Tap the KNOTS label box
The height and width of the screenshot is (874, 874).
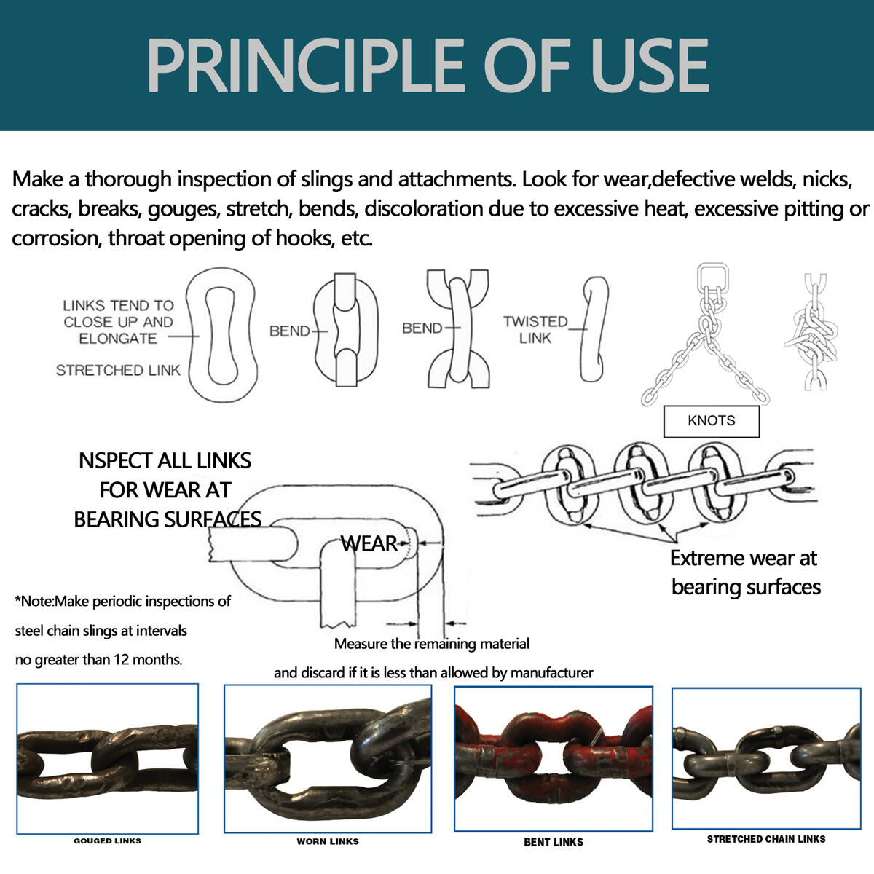pos(711,421)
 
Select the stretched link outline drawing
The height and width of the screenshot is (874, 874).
pos(222,335)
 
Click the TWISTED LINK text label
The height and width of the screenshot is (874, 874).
pos(535,329)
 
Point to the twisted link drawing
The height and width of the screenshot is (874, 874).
pos(595,329)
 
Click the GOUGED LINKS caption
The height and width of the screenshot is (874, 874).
pos(107,840)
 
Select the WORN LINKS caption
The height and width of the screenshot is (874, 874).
pos(328,841)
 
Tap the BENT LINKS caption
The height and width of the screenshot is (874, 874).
pos(554,842)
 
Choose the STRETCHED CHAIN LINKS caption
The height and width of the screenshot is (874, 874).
pos(766,839)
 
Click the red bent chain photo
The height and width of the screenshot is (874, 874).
pos(554,757)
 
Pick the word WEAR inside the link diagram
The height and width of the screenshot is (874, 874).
pos(369,543)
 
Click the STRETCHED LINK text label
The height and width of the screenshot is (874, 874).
pos(118,371)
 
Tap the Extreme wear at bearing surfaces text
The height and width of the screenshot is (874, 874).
pos(744,572)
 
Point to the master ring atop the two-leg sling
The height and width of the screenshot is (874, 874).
pos(712,278)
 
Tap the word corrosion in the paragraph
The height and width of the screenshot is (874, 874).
pos(53,238)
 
